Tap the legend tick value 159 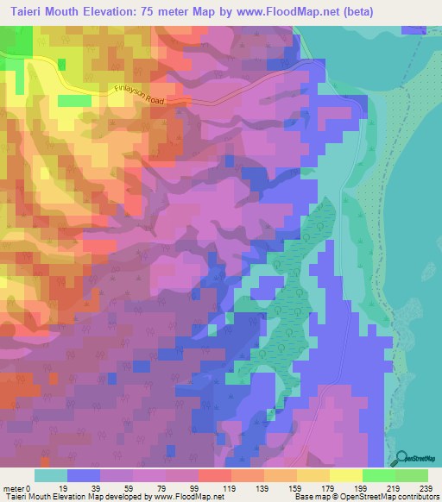296,488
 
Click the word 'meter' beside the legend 14,488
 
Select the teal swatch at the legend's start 50,476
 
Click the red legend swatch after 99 214,476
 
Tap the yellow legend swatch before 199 345,476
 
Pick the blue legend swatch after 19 83,476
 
